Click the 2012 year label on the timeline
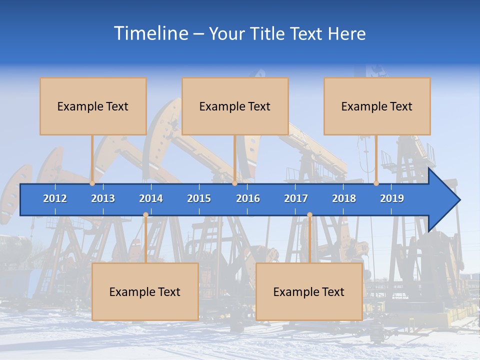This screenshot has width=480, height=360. coord(55,198)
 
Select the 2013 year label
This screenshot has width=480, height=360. coord(103,198)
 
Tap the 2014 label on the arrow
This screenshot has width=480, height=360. coord(151,198)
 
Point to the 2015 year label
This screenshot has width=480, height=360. coord(199,198)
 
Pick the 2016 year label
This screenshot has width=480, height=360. coord(248,198)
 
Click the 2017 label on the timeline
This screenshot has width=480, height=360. coord(296,198)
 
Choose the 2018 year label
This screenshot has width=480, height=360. coord(344,198)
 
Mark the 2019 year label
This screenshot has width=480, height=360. coord(392,198)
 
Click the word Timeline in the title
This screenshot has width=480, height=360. coord(150,33)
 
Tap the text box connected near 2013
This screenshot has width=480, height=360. coord(93,106)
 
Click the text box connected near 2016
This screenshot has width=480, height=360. coord(235,106)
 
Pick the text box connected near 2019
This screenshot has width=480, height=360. coord(377,106)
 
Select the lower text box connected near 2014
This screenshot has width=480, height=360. coord(145,292)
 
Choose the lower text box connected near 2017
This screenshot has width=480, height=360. coord(309,292)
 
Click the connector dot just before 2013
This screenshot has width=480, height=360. coord(92,183)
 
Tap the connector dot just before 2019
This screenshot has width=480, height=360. coord(376,183)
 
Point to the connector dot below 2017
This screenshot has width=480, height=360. coord(309,215)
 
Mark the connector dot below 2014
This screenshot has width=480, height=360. coord(145,215)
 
